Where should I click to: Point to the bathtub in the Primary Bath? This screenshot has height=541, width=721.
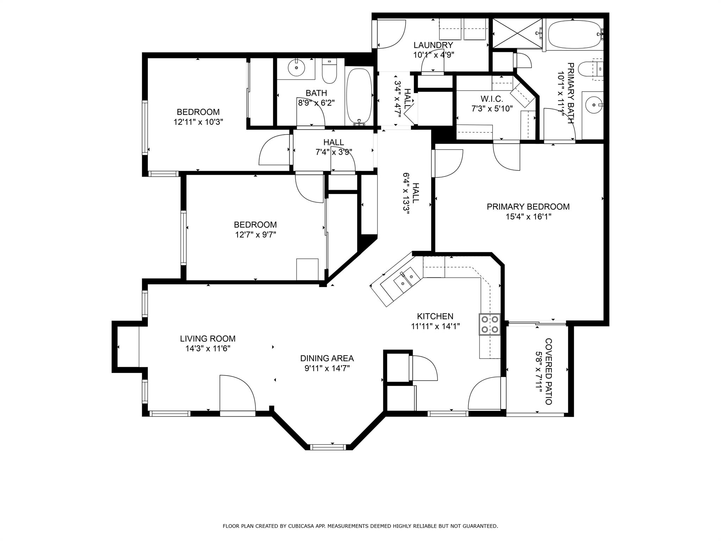click(575, 34)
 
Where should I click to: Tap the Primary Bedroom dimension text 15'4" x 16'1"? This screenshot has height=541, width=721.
click(528, 217)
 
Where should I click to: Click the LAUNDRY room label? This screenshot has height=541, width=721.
click(433, 45)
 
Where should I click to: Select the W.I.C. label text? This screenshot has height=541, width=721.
click(492, 99)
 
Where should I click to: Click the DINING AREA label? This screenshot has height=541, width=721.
click(327, 359)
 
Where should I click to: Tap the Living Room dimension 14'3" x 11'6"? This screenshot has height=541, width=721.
click(208, 349)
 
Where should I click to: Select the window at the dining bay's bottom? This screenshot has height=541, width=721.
click(328, 447)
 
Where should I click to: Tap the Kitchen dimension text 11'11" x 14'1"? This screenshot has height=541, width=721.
click(435, 327)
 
